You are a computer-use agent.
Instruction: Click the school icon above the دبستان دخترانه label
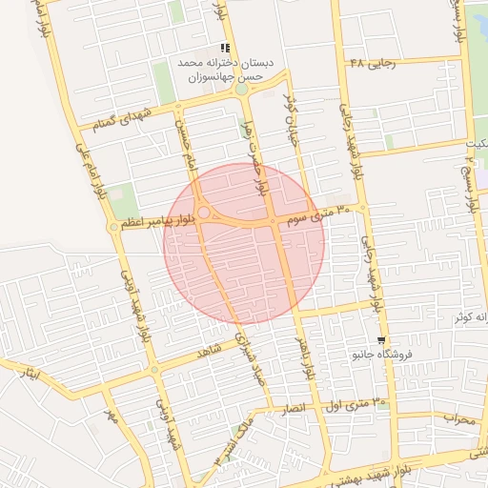coord(225,48)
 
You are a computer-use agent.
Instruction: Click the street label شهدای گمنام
coord(118,120)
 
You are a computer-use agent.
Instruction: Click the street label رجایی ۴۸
coord(371,64)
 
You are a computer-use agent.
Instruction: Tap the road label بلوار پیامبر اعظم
coord(143,222)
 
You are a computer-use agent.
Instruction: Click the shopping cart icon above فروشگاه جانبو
coord(382,340)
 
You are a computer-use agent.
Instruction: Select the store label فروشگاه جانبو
coord(381,356)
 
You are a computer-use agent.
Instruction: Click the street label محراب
coord(457,417)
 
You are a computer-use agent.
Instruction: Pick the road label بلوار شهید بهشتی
coord(376,466)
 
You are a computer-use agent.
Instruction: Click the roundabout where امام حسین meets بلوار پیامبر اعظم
coord(203,212)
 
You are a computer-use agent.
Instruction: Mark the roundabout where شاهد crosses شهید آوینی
coord(154,370)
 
